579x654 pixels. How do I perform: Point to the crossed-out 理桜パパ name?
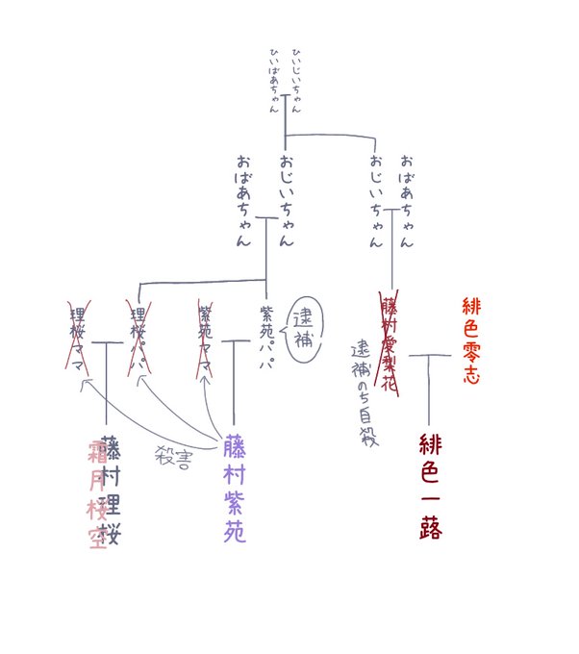(139, 341)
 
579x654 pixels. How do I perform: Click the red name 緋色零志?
(470, 340)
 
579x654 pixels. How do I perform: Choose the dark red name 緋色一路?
(428, 486)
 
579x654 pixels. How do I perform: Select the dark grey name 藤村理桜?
(113, 490)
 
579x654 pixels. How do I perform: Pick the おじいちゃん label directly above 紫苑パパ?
(286, 199)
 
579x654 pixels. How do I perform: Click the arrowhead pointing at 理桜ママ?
(87, 384)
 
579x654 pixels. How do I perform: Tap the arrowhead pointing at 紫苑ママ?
(204, 379)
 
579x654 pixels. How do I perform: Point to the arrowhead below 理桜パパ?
(143, 379)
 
